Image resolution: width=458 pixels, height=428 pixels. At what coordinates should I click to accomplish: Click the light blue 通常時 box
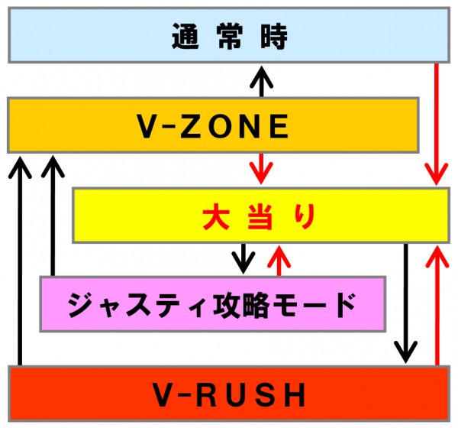229,35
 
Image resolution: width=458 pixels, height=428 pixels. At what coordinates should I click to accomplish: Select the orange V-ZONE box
213,125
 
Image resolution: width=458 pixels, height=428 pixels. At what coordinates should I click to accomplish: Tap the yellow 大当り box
261,216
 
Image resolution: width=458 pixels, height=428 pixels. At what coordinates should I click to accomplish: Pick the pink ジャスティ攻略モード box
213,304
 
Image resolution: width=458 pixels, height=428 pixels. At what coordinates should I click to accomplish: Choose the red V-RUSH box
229,394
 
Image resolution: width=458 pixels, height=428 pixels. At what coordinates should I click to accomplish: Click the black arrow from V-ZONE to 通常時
261,82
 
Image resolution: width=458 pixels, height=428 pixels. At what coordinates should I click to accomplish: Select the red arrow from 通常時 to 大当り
437,124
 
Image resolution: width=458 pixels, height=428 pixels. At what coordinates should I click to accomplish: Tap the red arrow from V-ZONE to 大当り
261,168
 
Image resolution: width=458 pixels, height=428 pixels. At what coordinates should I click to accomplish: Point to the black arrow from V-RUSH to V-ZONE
20,261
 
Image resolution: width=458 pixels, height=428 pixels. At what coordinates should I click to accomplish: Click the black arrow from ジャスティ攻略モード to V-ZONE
53,216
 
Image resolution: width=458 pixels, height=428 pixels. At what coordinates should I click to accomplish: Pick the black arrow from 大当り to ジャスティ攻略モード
244,258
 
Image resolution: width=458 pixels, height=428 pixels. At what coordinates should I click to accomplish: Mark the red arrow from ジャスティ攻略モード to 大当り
279,261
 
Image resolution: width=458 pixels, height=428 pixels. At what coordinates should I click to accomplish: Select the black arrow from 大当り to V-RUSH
406,303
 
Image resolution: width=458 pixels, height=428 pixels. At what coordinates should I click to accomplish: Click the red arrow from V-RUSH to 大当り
437,306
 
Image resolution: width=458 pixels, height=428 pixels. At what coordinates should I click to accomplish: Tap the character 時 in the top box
274,36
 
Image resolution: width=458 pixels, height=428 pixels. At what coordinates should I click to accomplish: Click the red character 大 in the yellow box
216,216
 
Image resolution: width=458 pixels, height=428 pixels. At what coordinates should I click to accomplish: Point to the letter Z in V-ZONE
192,126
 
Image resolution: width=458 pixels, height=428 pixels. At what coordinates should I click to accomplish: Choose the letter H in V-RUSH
295,395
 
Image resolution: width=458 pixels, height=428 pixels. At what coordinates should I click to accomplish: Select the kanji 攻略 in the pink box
241,305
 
